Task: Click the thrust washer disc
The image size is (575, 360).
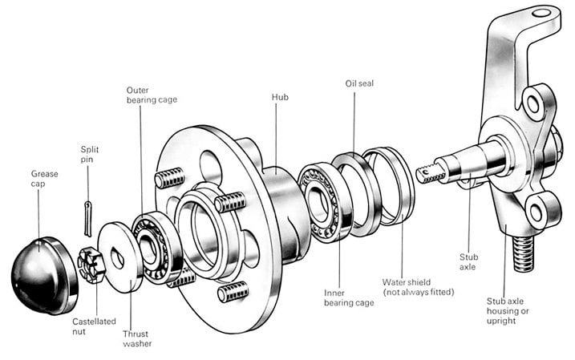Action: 119,257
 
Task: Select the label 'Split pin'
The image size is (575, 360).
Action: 90,154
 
